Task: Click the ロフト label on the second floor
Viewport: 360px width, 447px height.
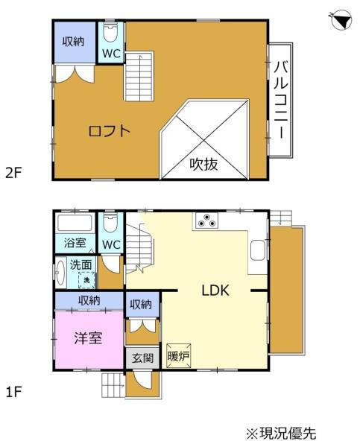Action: pos(110,131)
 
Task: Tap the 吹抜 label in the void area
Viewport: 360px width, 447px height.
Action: pos(203,164)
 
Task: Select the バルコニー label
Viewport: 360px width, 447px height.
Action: pos(281,100)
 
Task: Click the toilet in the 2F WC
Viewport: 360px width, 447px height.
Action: pos(110,32)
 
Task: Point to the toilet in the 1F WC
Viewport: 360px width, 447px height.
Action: pos(110,223)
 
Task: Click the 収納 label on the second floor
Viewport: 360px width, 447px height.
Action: pos(74,42)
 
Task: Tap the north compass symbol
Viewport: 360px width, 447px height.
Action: pos(342,20)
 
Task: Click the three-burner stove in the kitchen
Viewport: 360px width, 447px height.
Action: pos(206,221)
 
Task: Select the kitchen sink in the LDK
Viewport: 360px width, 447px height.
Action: pos(259,250)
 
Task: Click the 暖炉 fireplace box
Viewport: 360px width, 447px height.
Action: pos(179,356)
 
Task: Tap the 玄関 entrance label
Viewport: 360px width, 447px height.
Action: pos(142,358)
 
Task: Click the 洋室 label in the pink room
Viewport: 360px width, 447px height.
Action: pos(88,338)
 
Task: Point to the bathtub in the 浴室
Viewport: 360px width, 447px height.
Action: pos(75,223)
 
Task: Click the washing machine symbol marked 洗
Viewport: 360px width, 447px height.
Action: pos(86,280)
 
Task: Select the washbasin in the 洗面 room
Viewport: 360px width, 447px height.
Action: pos(60,273)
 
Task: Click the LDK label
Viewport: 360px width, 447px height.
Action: pos(215,291)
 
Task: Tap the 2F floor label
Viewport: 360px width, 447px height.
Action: pos(13,173)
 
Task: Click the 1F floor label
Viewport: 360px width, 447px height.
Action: pos(13,393)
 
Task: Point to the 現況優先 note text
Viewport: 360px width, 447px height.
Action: pos(288,434)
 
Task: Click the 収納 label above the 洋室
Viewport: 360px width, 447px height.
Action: pos(89,300)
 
